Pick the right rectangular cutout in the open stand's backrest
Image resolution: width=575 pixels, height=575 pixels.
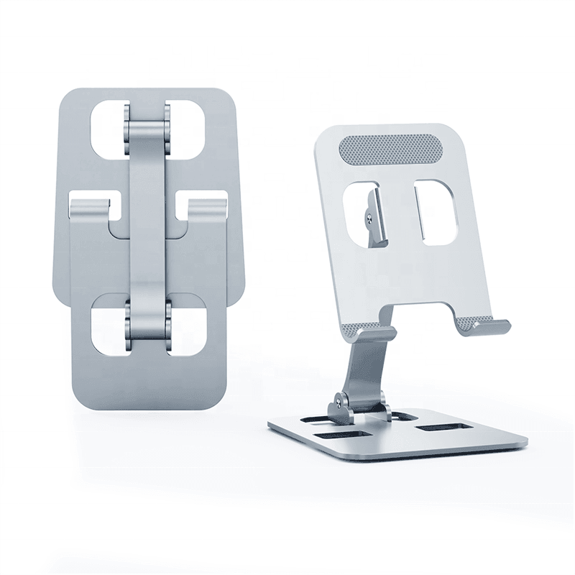(436, 213)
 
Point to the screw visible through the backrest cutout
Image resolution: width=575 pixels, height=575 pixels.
(368, 214)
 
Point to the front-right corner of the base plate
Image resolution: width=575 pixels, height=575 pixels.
(524, 443)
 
